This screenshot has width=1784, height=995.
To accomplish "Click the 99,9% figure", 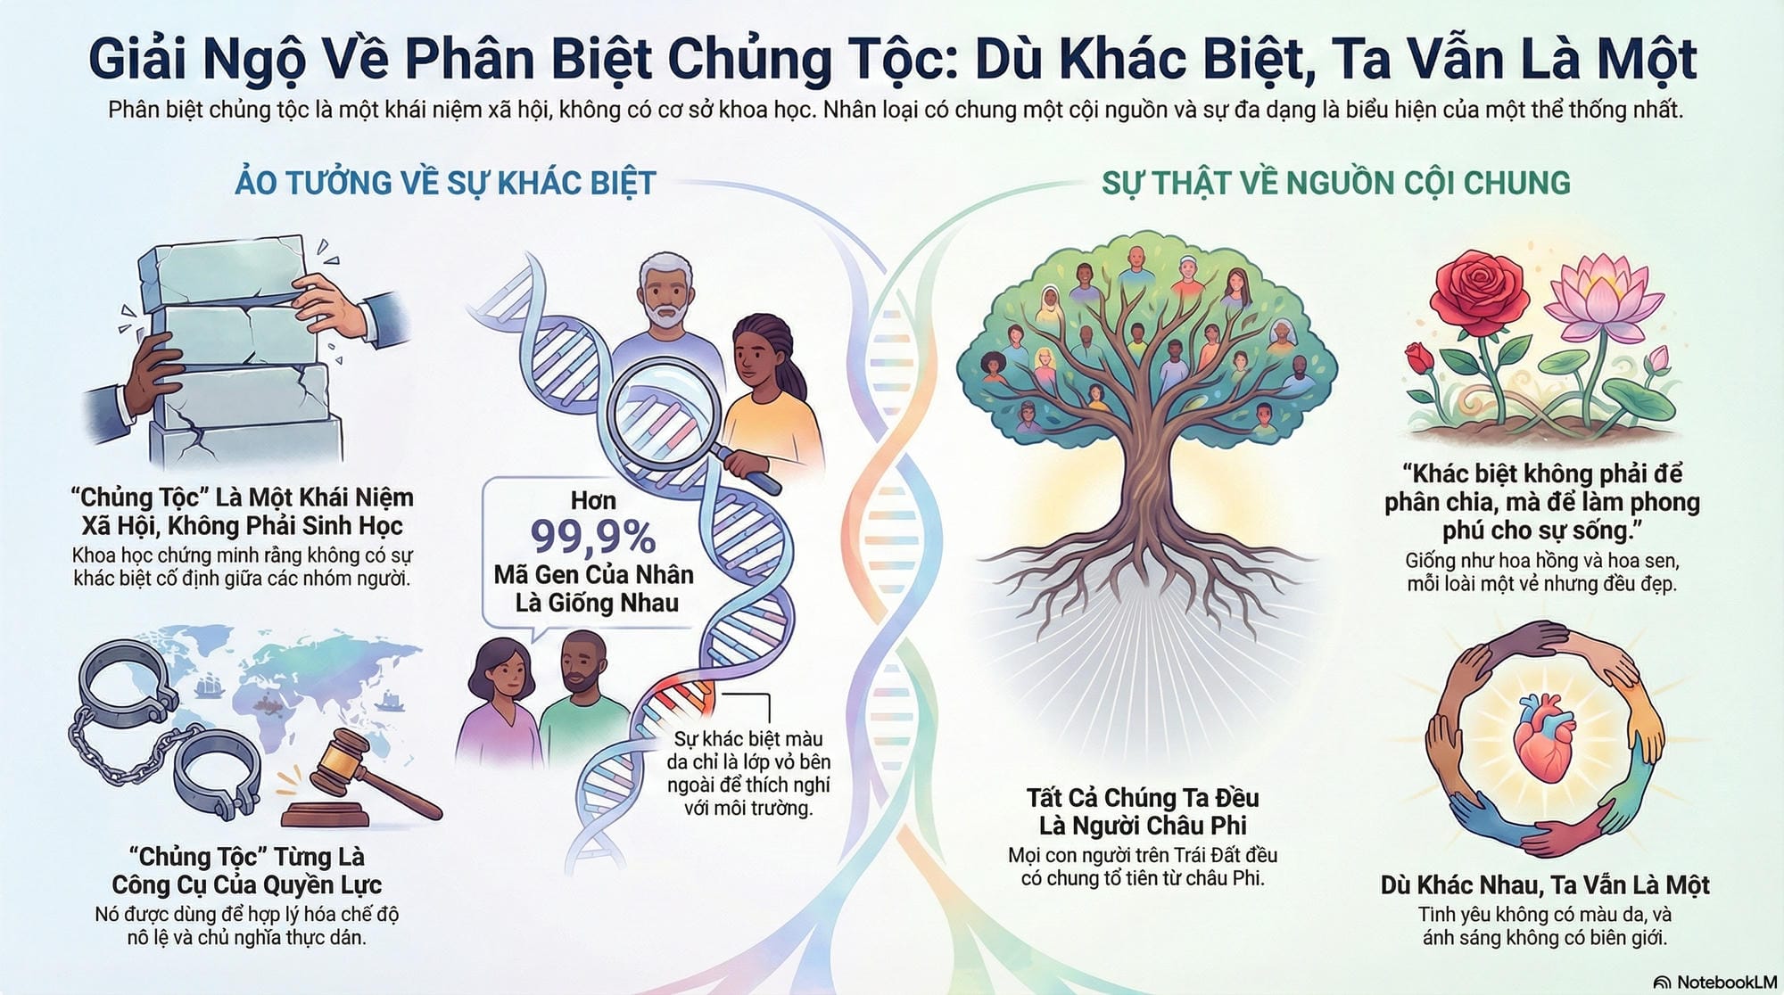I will tap(593, 537).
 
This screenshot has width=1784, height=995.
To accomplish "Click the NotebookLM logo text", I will tap(1726, 982).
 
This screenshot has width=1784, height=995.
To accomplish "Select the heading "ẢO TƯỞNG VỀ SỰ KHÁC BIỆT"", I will tap(444, 183).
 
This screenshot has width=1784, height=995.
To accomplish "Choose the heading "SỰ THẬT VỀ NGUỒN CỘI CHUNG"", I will tap(1335, 183).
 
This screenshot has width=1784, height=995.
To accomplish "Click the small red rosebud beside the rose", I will tap(1419, 358).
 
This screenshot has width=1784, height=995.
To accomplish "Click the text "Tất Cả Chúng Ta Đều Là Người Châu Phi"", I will tap(1143, 810).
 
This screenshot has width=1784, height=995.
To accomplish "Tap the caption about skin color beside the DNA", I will tap(748, 773).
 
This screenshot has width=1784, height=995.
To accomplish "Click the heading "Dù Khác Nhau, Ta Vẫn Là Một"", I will tap(1544, 884).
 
